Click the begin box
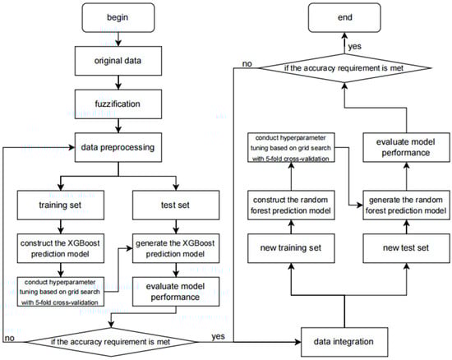[x=118, y=17]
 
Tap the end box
[x=344, y=17]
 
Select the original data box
[x=118, y=61]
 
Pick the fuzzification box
[x=118, y=104]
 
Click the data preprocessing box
[x=118, y=147]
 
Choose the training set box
[x=61, y=205]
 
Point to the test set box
[x=176, y=205]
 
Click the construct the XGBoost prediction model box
[x=61, y=248]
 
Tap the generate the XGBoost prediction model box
[x=176, y=248]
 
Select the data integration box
[x=344, y=342]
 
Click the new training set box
[x=291, y=248]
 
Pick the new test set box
[x=407, y=248]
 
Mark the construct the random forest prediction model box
[x=291, y=205]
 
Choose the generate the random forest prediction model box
[x=407, y=205]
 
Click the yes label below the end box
[x=354, y=47]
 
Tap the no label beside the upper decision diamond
[x=247, y=64]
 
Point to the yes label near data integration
[x=219, y=336]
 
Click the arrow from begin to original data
[x=118, y=39]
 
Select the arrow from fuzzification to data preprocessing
[x=118, y=126]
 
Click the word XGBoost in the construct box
[x=84, y=243]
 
